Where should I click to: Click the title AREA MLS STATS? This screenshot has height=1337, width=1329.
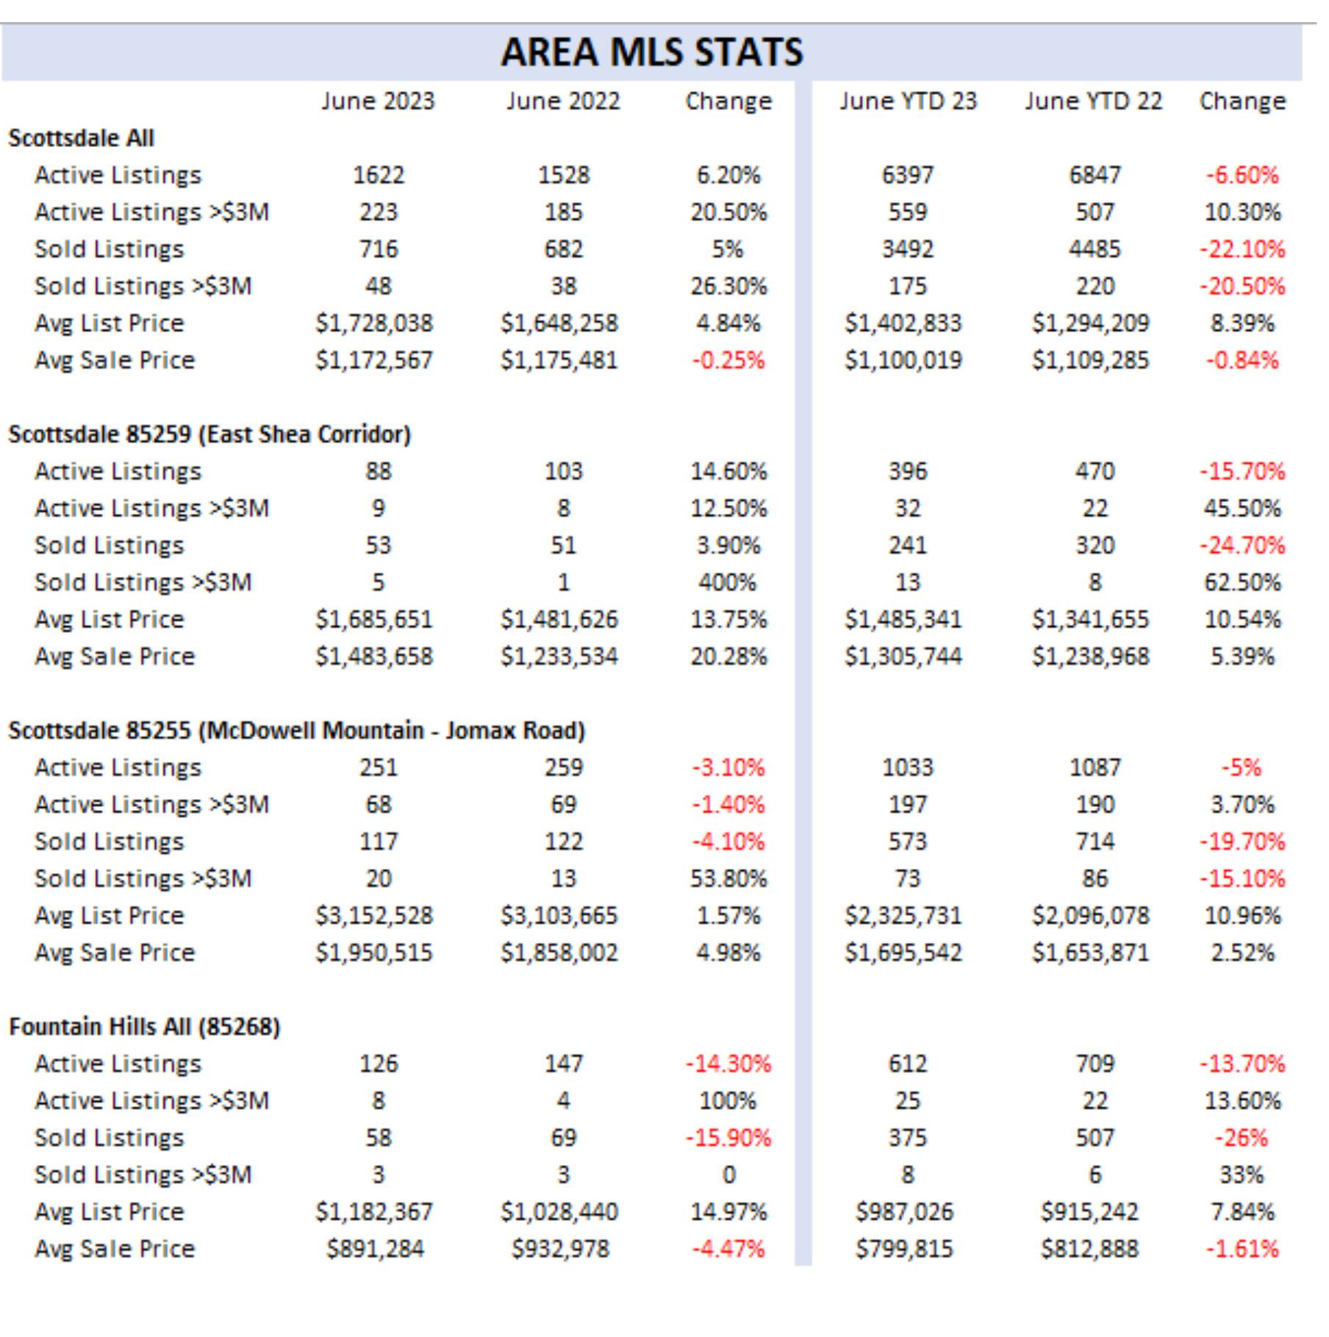[652, 51]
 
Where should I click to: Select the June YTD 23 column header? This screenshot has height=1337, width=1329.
[908, 101]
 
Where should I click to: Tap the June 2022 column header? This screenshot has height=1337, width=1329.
[563, 101]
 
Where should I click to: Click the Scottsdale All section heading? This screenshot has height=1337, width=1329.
[81, 138]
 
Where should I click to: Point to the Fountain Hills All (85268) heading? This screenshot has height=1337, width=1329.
[145, 1027]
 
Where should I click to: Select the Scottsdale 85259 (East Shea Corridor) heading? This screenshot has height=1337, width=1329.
[209, 434]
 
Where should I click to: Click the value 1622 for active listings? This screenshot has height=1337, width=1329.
[379, 175]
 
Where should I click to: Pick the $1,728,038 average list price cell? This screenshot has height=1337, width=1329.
[374, 323]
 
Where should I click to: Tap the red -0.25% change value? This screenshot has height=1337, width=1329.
[728, 360]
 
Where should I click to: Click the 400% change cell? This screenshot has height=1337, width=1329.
[728, 582]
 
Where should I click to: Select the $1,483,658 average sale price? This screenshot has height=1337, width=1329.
[374, 656]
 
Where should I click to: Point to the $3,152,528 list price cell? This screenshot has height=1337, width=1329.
[374, 916]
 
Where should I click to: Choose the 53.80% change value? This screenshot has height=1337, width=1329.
[728, 878]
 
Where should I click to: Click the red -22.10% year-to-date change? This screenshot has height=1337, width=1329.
[1242, 249]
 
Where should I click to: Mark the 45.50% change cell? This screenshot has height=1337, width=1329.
[1242, 508]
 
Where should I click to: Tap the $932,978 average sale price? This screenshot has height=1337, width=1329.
[561, 1249]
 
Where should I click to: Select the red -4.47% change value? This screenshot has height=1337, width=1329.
[728, 1249]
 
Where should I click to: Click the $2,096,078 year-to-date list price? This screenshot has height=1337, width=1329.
[1091, 916]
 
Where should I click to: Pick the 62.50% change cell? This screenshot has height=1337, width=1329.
[1242, 582]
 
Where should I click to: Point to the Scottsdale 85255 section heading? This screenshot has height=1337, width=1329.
[297, 731]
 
